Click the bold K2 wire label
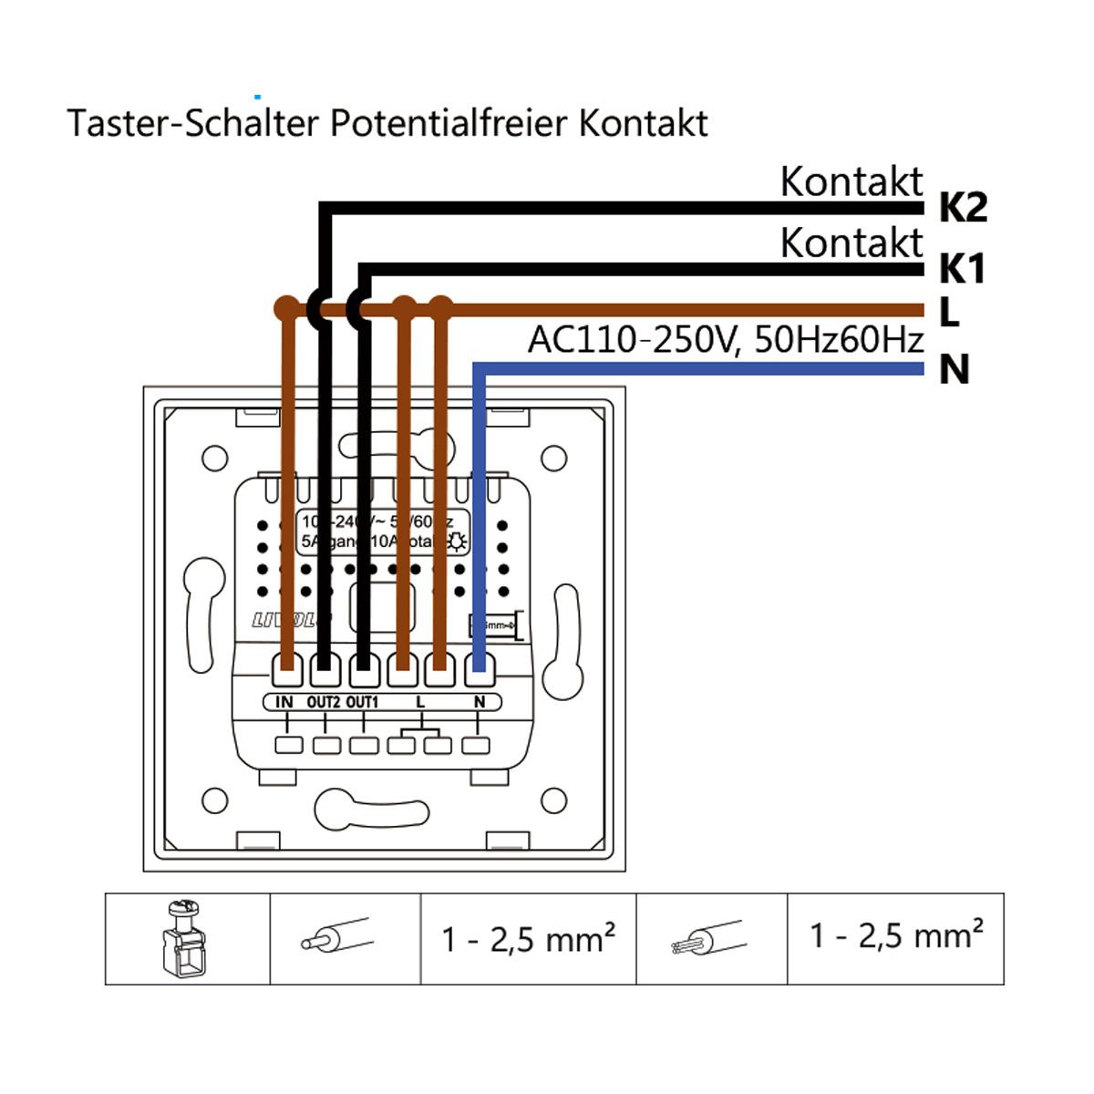click(963, 209)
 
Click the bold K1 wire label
click(962, 270)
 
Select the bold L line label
click(949, 313)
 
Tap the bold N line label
click(954, 370)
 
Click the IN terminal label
click(284, 702)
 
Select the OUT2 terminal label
click(324, 702)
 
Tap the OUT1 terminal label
click(362, 702)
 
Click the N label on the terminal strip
click(480, 702)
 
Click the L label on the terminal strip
click(420, 702)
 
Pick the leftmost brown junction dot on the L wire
click(286, 308)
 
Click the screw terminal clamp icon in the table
click(187, 937)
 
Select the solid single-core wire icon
click(336, 936)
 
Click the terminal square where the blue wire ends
click(478, 671)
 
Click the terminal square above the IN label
click(286, 671)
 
